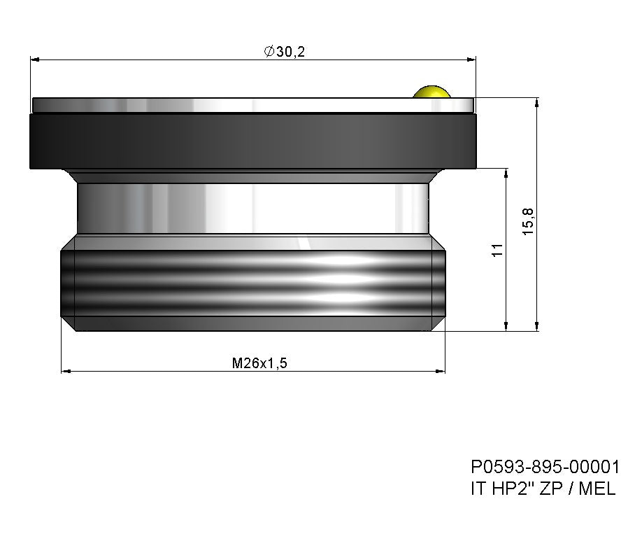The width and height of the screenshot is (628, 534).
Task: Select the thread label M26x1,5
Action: pos(260,363)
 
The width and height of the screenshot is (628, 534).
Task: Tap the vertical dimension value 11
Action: pos(497,250)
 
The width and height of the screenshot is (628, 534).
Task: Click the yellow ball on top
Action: pos(431,92)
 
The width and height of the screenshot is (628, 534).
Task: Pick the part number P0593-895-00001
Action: pos(545,467)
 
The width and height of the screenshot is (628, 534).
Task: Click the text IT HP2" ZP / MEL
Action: pos(543,489)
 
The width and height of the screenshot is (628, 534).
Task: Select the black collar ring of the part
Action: pos(252,141)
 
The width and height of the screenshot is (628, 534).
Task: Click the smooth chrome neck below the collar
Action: pos(252,208)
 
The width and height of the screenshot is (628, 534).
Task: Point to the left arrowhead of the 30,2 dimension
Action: pos(35,60)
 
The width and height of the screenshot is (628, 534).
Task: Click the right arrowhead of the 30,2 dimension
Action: pos(471,60)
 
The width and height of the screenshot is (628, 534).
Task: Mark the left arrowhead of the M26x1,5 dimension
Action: pos(66,371)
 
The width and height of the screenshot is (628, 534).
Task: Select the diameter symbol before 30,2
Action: pos(269,52)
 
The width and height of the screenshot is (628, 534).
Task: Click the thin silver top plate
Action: pos(252,105)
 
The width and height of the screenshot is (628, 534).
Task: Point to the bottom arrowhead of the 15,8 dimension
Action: pos(537,325)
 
